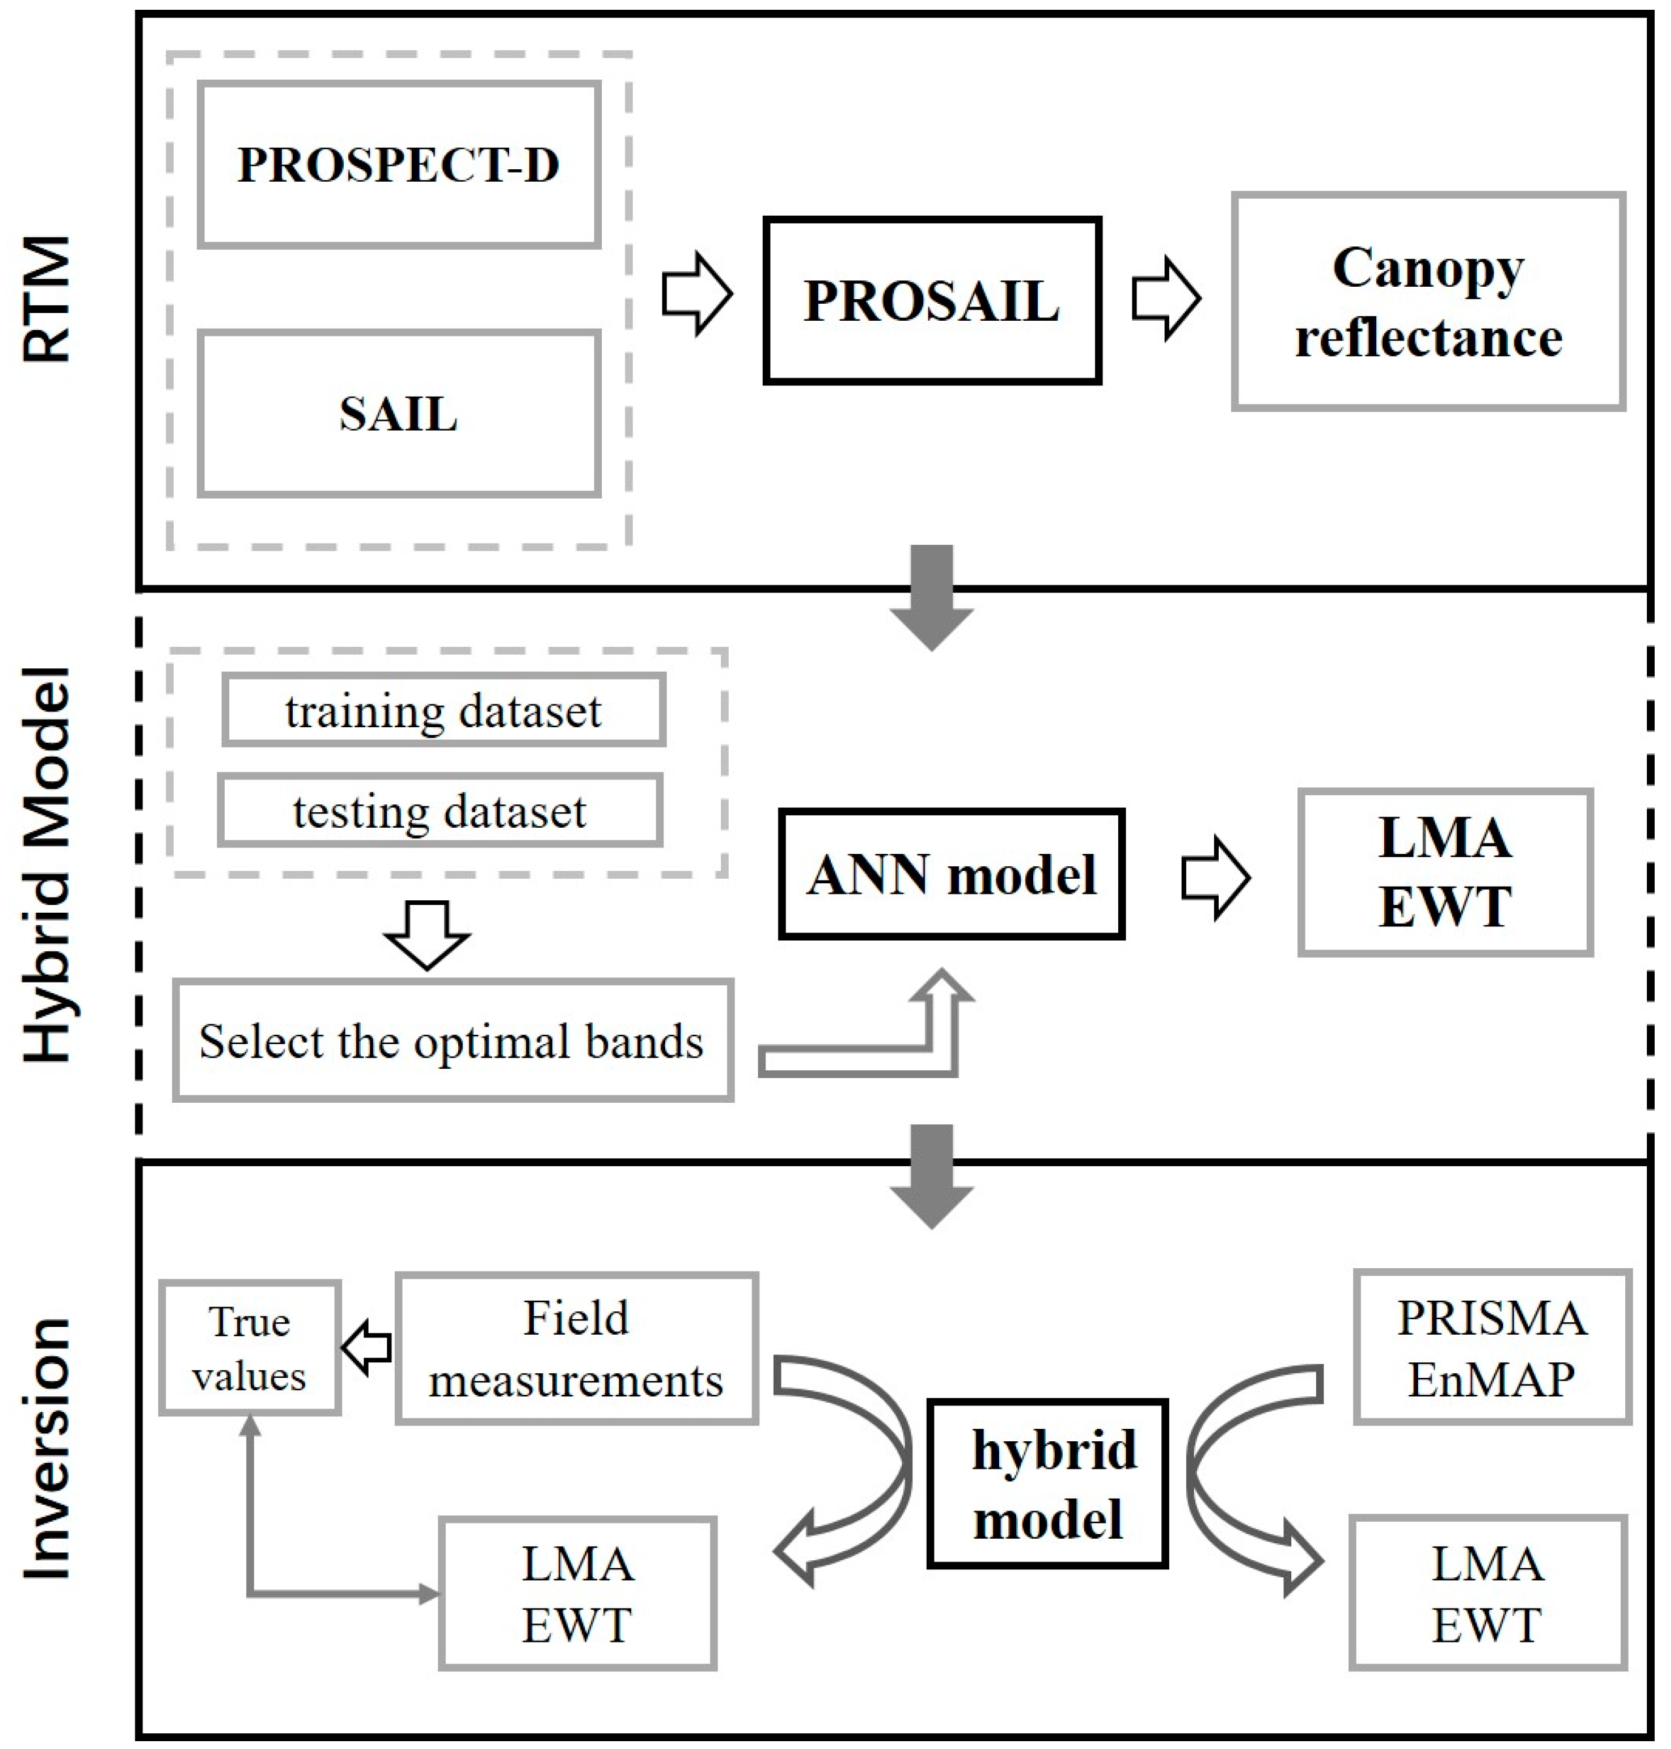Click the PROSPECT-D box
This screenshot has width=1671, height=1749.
(x=398, y=165)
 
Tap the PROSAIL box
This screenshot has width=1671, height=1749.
(x=932, y=301)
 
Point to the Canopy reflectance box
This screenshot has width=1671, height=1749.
(x=1428, y=302)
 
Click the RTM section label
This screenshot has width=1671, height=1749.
(x=46, y=299)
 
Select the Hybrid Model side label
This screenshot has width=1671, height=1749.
(x=46, y=864)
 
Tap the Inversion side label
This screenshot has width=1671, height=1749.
(x=46, y=1447)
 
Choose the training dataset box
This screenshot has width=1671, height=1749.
(x=444, y=710)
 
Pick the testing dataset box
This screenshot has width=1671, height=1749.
(x=440, y=809)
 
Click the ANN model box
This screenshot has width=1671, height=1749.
(x=951, y=874)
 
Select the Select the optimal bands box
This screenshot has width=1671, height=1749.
(x=452, y=1040)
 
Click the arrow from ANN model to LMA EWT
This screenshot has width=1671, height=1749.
(x=1215, y=877)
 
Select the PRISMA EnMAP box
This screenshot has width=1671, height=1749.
(x=1491, y=1347)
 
